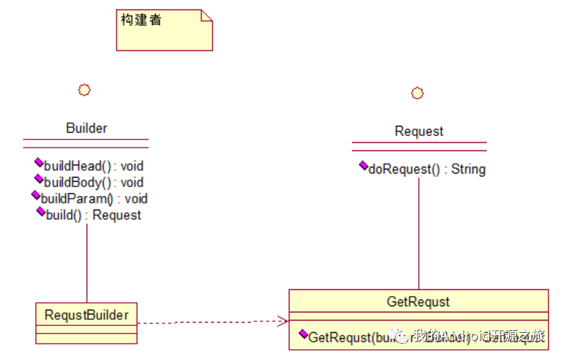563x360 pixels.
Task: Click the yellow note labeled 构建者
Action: [x=164, y=30]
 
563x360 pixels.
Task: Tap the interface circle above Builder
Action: [x=84, y=90]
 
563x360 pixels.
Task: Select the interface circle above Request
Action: [x=417, y=93]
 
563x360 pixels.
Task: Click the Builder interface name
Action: [x=86, y=128]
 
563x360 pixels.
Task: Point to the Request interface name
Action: [x=419, y=131]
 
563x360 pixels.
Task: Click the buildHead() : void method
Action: [x=93, y=165]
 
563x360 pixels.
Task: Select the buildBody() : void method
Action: [x=93, y=182]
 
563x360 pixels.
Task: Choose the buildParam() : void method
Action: [x=94, y=199]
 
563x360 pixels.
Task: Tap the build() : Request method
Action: [x=93, y=215]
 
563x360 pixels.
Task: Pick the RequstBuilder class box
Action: [x=86, y=323]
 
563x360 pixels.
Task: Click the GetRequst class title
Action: [x=418, y=301]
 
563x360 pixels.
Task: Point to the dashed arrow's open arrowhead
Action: [x=283, y=320]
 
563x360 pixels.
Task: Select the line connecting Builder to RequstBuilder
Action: [x=86, y=262]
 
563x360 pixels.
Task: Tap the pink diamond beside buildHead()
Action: [x=39, y=163]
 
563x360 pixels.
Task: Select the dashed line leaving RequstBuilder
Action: [x=204, y=323]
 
